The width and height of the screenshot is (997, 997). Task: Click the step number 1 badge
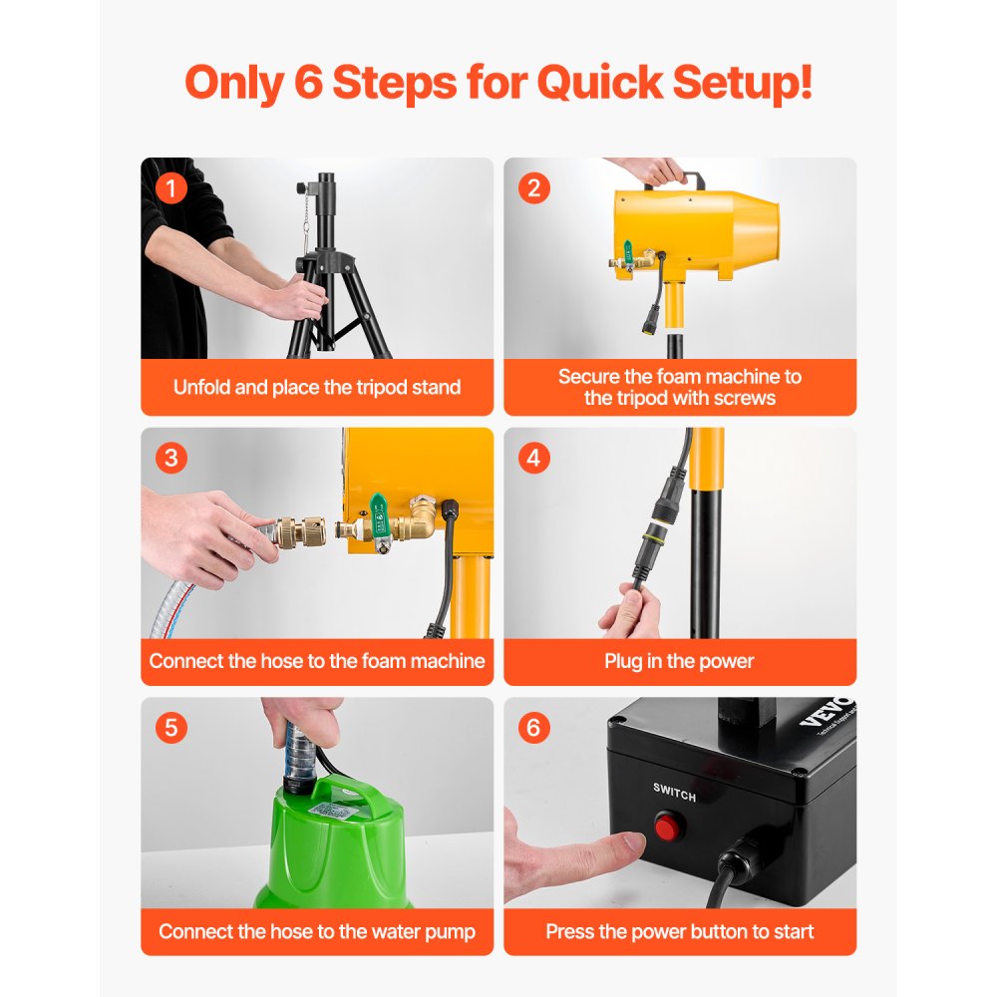tap(171, 187)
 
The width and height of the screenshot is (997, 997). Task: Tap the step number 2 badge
tap(534, 187)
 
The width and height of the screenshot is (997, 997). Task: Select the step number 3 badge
tap(171, 458)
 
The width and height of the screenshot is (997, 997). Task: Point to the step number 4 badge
tap(534, 458)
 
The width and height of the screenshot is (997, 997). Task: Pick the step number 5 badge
tap(171, 727)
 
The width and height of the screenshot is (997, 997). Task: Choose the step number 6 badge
tap(534, 727)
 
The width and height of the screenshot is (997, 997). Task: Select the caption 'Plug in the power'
tap(679, 661)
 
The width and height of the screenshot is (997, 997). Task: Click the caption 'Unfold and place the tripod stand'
tap(317, 387)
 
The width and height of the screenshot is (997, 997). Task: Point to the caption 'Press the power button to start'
tap(679, 932)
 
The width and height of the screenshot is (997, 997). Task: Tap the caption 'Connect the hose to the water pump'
tap(317, 932)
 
